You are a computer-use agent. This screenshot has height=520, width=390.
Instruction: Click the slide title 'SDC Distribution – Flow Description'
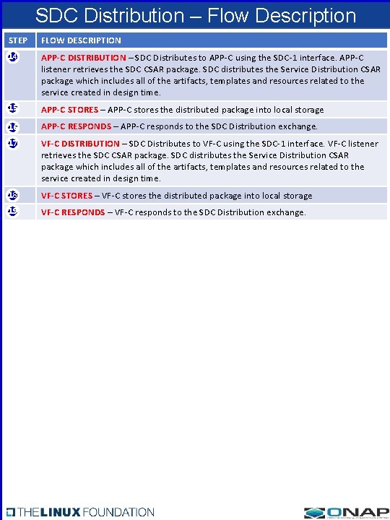(x=195, y=16)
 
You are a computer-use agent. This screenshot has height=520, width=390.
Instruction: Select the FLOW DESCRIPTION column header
(x=81, y=40)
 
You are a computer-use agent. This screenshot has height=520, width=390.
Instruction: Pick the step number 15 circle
(x=12, y=108)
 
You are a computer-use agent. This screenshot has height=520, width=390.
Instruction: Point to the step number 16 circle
(x=12, y=126)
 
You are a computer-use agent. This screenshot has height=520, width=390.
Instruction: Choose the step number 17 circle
(x=12, y=143)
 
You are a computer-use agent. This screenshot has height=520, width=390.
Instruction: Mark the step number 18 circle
(x=12, y=195)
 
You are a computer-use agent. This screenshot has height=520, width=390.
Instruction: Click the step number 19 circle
(x=12, y=212)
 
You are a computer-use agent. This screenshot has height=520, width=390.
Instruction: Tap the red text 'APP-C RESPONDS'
(x=76, y=126)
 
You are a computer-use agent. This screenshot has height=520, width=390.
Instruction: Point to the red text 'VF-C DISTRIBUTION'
(x=80, y=144)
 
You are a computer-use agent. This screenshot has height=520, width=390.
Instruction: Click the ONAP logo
(x=346, y=511)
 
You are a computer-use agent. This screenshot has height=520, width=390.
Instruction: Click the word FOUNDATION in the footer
(x=118, y=512)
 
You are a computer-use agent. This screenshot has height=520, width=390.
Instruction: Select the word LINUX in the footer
(x=61, y=512)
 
